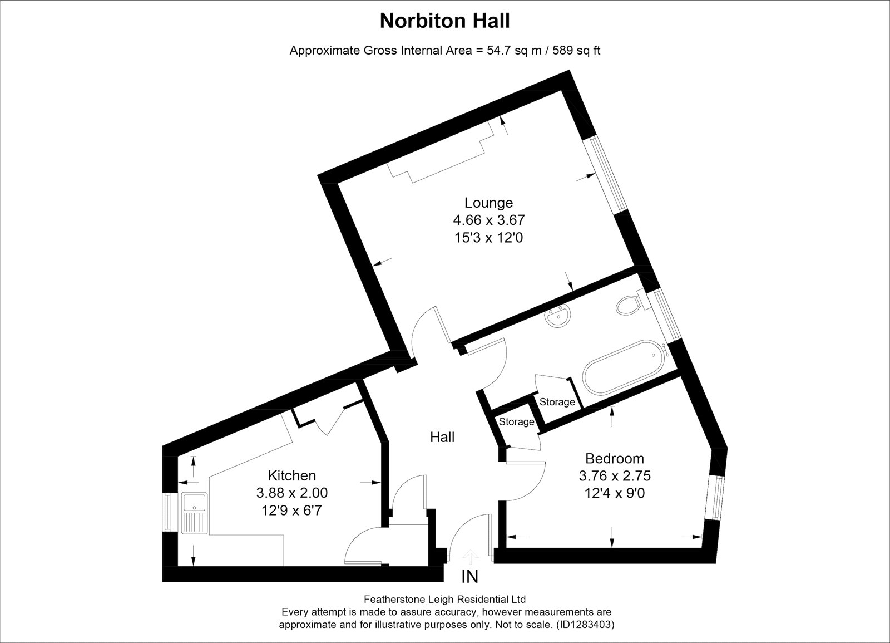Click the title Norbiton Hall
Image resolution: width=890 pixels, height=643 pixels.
pyautogui.click(x=444, y=21)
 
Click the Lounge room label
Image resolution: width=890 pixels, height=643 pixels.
pyautogui.click(x=489, y=203)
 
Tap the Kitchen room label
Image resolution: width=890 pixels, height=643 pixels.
pyautogui.click(x=292, y=475)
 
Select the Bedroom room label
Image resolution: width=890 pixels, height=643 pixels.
pyautogui.click(x=615, y=459)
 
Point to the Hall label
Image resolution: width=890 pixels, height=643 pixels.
pyautogui.click(x=442, y=438)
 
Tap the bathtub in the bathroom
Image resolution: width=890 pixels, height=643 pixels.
pyautogui.click(x=623, y=367)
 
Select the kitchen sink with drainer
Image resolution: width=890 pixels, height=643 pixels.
pyautogui.click(x=194, y=513)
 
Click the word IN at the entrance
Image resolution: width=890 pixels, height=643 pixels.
pyautogui.click(x=469, y=577)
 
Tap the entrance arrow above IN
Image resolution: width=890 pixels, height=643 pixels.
pyautogui.click(x=471, y=556)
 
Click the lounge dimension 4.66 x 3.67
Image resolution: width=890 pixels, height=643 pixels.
pyautogui.click(x=489, y=220)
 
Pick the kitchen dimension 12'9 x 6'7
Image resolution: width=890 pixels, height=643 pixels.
pyautogui.click(x=291, y=510)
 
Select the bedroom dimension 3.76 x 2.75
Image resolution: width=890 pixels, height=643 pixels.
pyautogui.click(x=615, y=475)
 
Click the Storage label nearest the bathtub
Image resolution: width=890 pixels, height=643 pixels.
pyautogui.click(x=557, y=402)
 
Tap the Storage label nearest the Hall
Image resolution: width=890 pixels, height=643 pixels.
pyautogui.click(x=517, y=421)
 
